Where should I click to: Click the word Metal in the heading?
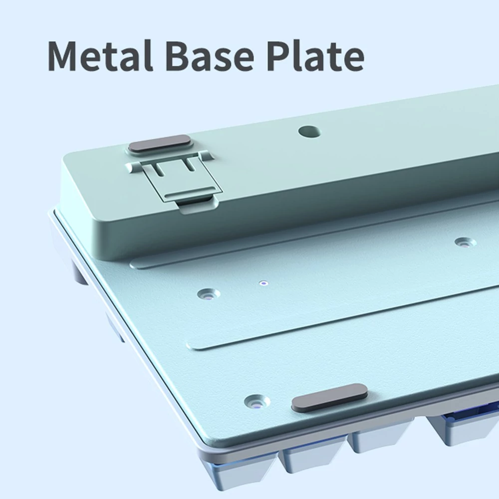pyautogui.click(x=100, y=55)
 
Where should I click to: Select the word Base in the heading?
pyautogui.click(x=210, y=56)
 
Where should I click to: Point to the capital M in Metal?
pyautogui.click(x=64, y=56)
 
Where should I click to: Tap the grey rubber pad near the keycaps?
pyautogui.click(x=329, y=398)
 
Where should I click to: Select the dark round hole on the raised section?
pyautogui.click(x=309, y=131)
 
